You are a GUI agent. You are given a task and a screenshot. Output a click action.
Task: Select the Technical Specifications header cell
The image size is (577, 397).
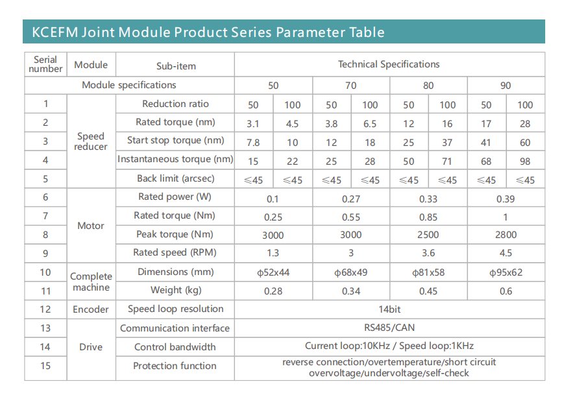(389, 64)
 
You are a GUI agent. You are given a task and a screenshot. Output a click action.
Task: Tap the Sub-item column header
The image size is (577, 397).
(176, 66)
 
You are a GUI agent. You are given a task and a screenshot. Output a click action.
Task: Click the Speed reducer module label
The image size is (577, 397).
(91, 141)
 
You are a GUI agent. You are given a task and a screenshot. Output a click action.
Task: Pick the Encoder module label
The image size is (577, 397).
(91, 309)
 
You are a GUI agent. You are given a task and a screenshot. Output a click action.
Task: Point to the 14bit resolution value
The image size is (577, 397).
(389, 309)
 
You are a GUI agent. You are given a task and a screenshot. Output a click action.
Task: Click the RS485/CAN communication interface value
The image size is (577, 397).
(389, 328)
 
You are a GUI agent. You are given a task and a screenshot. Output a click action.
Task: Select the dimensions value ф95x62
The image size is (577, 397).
(506, 272)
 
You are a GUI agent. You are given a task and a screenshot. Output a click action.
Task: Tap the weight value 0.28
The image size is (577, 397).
(273, 291)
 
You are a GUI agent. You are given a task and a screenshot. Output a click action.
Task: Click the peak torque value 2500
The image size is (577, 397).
(428, 235)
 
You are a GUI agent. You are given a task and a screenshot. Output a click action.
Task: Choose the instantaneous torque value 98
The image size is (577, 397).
(525, 160)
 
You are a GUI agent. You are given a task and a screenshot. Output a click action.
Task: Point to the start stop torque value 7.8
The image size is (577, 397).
(253, 142)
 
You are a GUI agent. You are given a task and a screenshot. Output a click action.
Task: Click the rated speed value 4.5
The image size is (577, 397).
(506, 254)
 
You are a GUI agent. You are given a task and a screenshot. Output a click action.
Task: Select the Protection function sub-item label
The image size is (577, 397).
(175, 366)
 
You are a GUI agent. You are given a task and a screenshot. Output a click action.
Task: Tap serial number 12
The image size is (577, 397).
(45, 309)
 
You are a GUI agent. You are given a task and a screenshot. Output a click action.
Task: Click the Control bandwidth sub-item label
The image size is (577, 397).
(175, 347)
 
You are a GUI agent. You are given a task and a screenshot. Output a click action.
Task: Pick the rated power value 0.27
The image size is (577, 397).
(350, 198)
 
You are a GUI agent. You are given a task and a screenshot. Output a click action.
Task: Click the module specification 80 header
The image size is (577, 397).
(428, 86)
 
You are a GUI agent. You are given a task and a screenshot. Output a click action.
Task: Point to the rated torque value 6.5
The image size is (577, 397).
(370, 123)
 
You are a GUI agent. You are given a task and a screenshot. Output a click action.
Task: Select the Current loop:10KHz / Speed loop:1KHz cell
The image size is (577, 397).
(389, 346)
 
